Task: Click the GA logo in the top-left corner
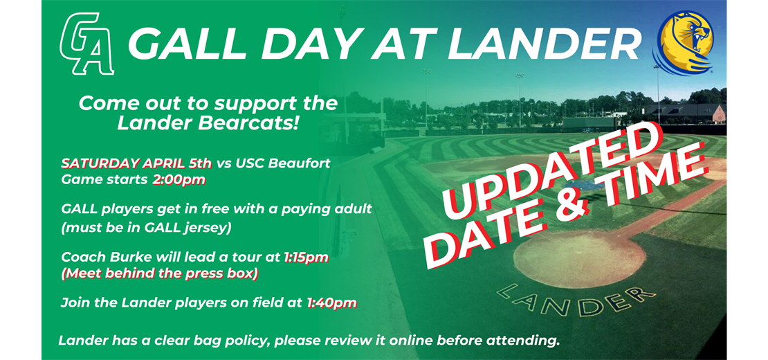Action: (87, 44)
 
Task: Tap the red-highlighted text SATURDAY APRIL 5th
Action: (137, 163)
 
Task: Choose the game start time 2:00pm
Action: (179, 180)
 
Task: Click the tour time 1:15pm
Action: (306, 258)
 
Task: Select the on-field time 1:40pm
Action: (331, 304)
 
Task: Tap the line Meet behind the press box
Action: (159, 273)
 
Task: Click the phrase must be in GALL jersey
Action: (146, 228)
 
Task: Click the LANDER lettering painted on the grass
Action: (576, 299)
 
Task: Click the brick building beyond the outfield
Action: (686, 114)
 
